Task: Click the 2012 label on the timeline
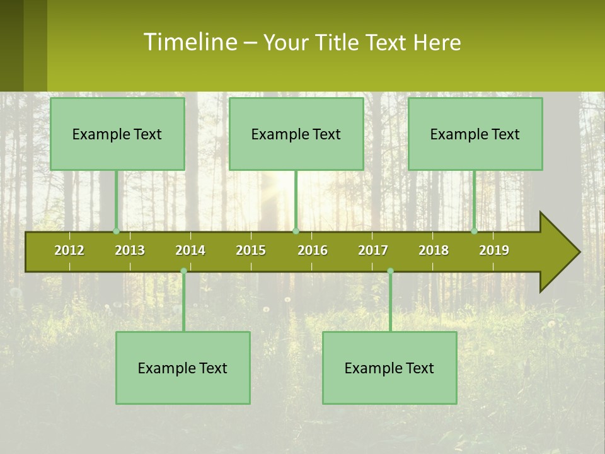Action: pos(69,250)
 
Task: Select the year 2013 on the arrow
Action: pos(130,250)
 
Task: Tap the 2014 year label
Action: pos(190,250)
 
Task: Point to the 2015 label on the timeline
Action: pos(251,250)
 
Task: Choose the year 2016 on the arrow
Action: pos(313,250)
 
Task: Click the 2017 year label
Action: pos(373,250)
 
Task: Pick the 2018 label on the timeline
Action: pos(434,250)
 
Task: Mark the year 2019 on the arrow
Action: pos(494,250)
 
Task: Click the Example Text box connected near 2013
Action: pos(117,134)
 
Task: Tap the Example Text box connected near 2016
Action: pos(296,134)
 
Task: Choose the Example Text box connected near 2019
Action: pos(475,134)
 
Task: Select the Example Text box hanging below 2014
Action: pos(183,368)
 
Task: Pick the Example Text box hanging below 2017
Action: pos(389,368)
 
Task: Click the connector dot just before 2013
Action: pos(117,231)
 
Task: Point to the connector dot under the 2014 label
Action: pos(183,271)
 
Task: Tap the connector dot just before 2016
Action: pos(296,231)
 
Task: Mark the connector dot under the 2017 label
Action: pos(390,271)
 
